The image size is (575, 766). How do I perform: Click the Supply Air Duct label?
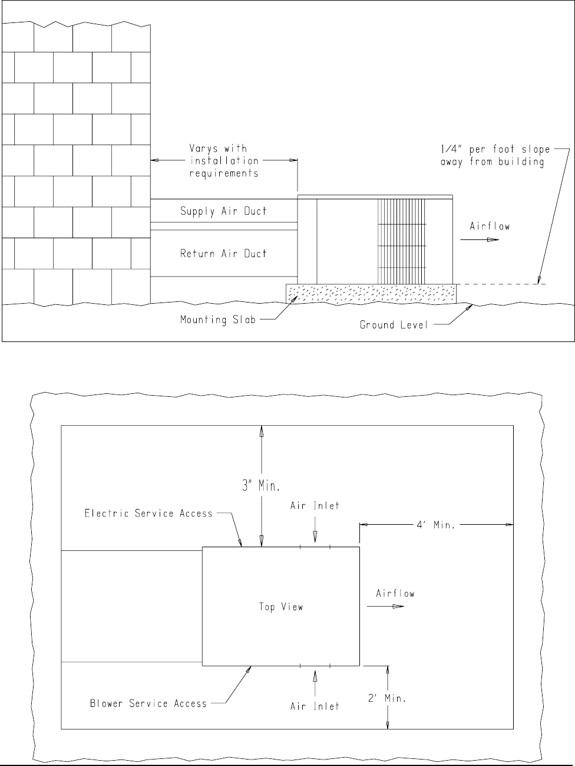click(223, 211)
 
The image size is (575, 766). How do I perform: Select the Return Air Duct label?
click(223, 254)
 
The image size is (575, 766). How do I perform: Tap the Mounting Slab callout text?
click(218, 320)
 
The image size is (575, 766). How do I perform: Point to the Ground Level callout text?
click(394, 324)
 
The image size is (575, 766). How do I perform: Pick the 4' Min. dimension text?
click(435, 524)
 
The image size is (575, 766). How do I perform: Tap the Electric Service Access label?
click(148, 514)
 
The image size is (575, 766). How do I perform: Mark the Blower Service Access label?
click(148, 703)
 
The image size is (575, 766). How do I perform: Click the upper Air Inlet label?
click(315, 506)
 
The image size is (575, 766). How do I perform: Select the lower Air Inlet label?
click(315, 706)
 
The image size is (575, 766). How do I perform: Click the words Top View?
click(281, 607)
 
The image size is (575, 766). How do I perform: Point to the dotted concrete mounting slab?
click(371, 293)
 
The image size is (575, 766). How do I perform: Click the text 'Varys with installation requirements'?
click(223, 161)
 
